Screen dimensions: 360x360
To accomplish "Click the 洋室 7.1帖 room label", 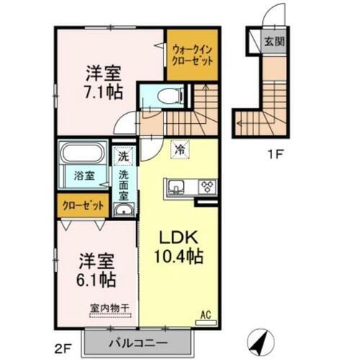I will (102, 81).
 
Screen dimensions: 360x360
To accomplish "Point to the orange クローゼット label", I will (81, 206).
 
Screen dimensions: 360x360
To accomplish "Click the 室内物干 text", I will (107, 307).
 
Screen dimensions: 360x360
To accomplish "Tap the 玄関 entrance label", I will (273, 41).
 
